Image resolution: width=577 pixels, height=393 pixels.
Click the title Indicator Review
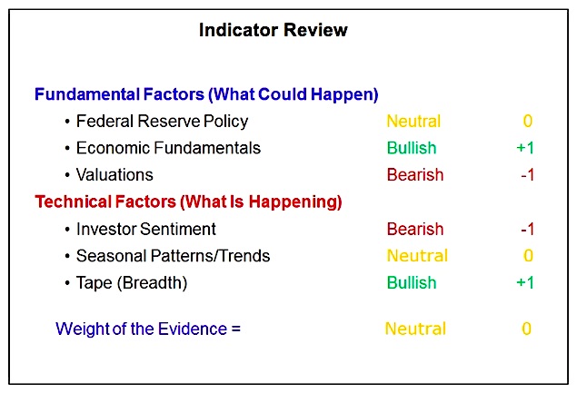tap(273, 30)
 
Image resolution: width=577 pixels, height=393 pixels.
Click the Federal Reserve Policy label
tap(162, 122)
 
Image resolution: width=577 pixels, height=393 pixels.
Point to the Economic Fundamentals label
tap(168, 148)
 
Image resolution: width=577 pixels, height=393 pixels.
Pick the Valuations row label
tap(114, 175)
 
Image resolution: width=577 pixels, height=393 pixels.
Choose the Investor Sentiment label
tap(145, 229)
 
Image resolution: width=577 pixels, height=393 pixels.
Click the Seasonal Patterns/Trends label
tap(173, 256)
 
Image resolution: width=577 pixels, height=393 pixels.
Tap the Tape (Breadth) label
tap(132, 283)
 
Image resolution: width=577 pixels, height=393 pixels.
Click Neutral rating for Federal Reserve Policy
tap(413, 122)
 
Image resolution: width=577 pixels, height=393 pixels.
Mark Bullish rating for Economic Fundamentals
tap(412, 148)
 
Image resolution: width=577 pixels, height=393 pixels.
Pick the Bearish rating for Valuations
tap(415, 175)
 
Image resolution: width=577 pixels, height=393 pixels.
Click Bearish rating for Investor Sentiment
tap(415, 229)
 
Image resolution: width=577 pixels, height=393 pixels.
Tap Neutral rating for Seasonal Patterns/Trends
tap(417, 256)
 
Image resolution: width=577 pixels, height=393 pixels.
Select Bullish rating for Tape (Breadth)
tap(412, 283)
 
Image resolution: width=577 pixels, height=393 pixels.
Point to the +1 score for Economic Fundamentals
tap(525, 148)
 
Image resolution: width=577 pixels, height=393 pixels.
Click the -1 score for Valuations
tap(527, 175)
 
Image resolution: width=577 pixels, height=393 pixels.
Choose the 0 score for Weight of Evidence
tap(527, 329)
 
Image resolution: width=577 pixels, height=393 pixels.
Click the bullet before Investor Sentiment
tap(67, 230)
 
